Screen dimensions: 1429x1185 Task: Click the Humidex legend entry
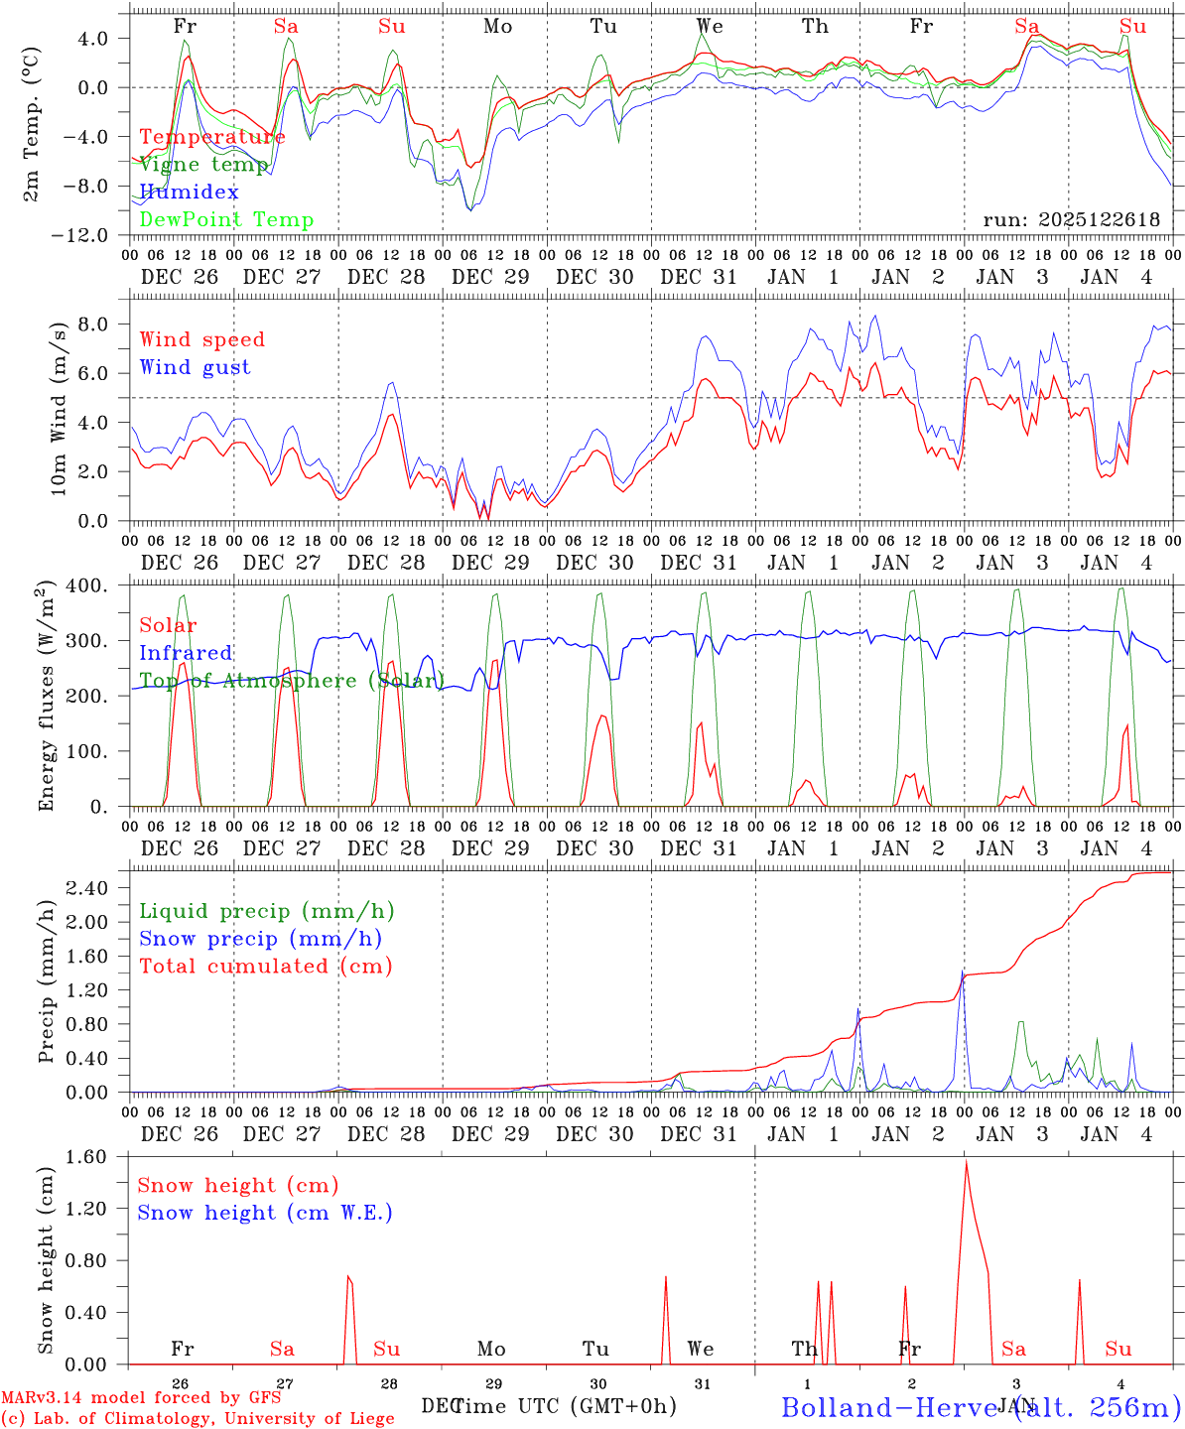(x=189, y=192)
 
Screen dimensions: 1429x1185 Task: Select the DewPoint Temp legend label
(x=226, y=219)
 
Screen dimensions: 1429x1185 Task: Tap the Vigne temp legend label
(x=203, y=165)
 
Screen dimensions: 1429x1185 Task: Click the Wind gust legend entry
(x=195, y=367)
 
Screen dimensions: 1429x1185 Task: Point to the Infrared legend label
(x=186, y=653)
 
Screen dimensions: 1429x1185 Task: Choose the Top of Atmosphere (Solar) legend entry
(x=292, y=681)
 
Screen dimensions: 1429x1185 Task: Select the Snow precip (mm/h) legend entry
(x=260, y=939)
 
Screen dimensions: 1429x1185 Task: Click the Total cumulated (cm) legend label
(x=265, y=966)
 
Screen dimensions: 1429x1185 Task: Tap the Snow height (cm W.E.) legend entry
(x=264, y=1213)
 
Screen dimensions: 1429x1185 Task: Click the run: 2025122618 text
(x=1071, y=219)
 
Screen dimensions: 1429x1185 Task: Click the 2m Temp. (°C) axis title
(x=33, y=125)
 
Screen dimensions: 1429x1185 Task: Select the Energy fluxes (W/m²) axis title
(x=46, y=698)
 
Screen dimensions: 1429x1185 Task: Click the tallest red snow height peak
(x=966, y=1162)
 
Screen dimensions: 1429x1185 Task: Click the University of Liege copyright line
(x=197, y=1418)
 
